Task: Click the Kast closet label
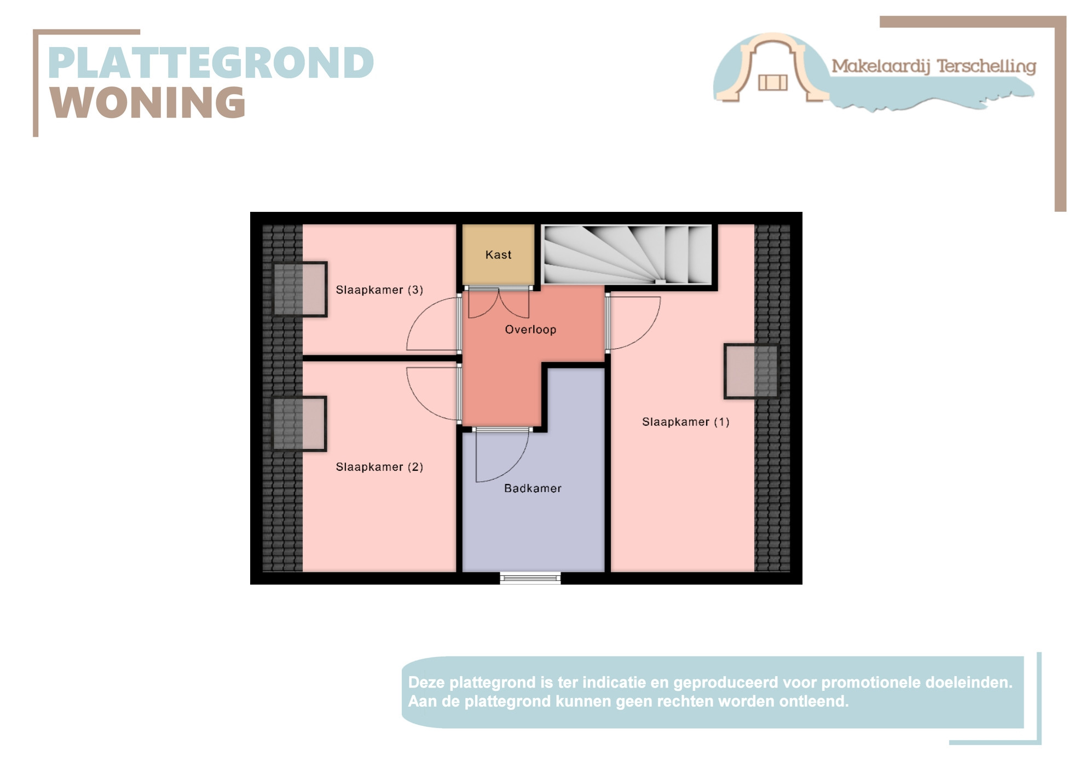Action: [x=498, y=255]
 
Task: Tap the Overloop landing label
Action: [x=530, y=330]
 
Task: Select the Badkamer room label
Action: [x=533, y=488]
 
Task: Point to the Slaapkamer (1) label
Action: [x=685, y=422]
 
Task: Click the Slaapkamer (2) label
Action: [x=379, y=467]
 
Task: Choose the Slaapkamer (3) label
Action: [x=379, y=290]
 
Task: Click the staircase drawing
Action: [x=627, y=255]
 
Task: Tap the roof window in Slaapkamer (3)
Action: [x=300, y=289]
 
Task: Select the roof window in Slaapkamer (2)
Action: [x=299, y=424]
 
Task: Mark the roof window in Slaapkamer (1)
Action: [x=751, y=371]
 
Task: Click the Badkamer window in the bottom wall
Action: [x=530, y=578]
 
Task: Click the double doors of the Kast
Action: [x=499, y=302]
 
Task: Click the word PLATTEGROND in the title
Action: [x=211, y=63]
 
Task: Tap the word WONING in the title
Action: [x=148, y=102]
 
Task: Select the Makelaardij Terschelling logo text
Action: [x=934, y=67]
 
